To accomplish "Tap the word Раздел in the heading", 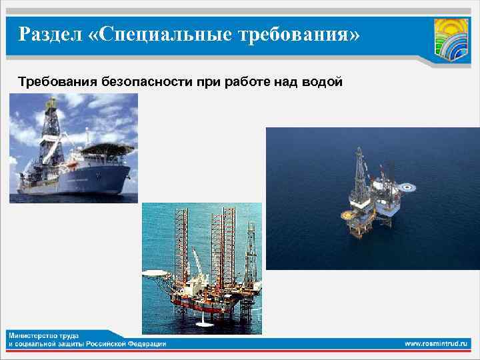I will pos(50,33).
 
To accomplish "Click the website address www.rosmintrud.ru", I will pos(437,343).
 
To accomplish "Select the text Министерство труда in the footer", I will pos(41,333).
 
